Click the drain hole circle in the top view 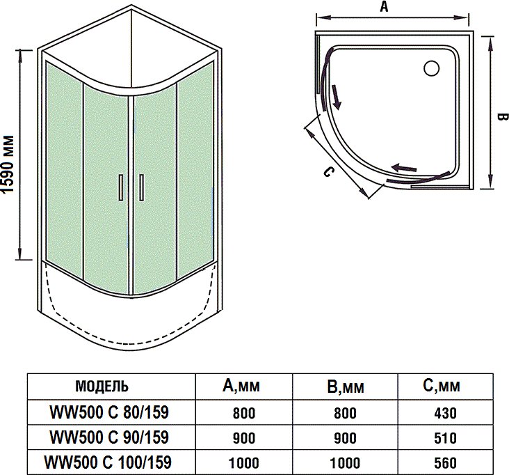point(431,68)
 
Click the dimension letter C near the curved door point(329,171)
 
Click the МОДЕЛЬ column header point(101,387)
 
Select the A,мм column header point(243,387)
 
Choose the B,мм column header point(345,387)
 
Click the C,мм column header point(445,387)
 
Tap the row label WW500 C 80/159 point(109,412)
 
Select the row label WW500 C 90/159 point(109,437)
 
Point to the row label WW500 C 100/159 point(108,462)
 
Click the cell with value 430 point(445,413)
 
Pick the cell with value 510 point(445,438)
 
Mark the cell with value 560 point(445,463)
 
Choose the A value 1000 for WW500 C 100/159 point(243,463)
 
